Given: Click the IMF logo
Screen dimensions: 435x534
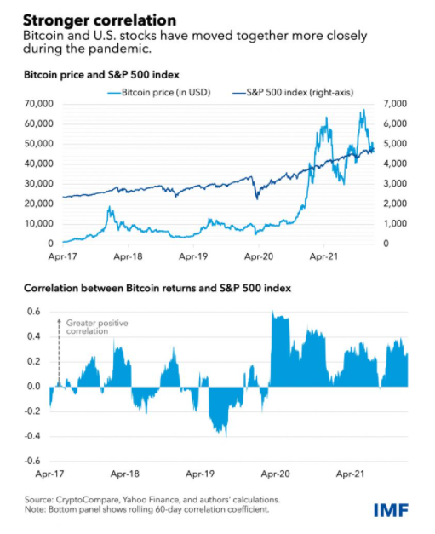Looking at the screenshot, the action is tap(391, 510).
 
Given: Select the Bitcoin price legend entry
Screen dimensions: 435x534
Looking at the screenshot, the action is tap(159, 92).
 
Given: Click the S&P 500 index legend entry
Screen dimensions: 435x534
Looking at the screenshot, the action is tap(293, 92).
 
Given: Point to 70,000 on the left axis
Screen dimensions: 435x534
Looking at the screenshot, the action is tap(39, 104).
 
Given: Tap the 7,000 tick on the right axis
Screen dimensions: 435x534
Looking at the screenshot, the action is tap(395, 104).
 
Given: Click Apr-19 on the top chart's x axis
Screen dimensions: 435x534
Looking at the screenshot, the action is tap(193, 256).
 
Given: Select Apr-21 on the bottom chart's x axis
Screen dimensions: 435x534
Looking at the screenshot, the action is tap(350, 474).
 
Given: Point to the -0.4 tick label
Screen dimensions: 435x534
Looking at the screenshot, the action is tap(32, 436).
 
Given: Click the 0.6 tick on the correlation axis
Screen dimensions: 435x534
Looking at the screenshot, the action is tap(34, 312).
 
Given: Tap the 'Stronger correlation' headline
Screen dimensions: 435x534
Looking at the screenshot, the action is tap(100, 20).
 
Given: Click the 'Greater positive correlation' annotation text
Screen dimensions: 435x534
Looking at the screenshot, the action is tap(97, 327).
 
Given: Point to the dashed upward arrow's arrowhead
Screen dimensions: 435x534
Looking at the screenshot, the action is tap(59, 320).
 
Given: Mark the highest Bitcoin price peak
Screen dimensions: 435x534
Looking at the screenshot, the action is tap(363, 110).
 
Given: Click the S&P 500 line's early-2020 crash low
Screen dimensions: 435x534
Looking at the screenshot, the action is tap(257, 198).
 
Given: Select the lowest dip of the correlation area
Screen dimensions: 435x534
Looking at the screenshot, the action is tap(226, 436).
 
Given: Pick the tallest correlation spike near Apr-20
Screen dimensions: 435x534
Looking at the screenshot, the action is tap(272, 311).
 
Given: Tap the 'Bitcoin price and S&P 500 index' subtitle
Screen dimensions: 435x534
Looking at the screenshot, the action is tap(101, 75).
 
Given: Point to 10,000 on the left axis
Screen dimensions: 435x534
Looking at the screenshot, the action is tap(39, 224).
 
